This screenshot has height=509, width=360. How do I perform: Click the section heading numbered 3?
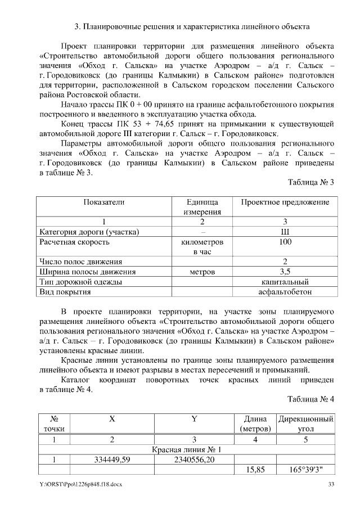192,26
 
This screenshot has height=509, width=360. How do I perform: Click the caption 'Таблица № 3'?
311,182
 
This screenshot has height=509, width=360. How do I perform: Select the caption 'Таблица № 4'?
311,399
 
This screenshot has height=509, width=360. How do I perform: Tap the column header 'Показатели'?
104,202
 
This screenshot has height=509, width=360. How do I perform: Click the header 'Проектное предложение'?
285,202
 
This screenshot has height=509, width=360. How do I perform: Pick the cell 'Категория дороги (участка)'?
89,232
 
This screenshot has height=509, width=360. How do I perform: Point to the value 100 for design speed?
285,242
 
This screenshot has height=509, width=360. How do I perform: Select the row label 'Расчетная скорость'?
74,242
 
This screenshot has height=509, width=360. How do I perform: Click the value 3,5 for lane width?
285,272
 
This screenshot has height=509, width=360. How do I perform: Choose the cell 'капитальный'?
285,282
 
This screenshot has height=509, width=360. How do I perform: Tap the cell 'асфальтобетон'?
285,292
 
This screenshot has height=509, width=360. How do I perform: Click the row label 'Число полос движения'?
80,262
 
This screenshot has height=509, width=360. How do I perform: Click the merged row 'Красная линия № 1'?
187,449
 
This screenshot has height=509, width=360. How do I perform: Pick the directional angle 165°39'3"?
305,470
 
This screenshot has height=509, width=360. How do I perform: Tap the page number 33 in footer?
331,485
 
